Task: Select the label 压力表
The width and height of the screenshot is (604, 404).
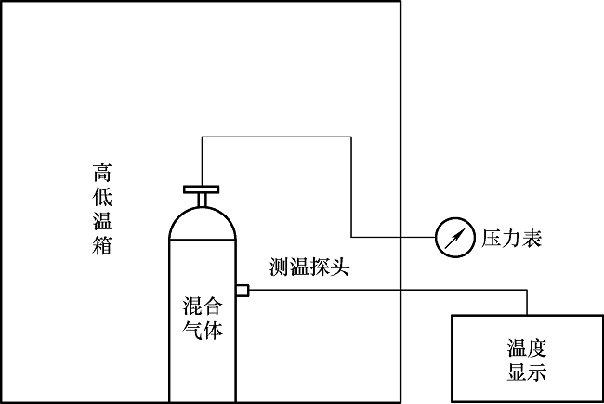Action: (x=511, y=239)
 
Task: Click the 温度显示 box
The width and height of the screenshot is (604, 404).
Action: (x=526, y=358)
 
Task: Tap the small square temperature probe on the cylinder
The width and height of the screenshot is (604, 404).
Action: (x=242, y=291)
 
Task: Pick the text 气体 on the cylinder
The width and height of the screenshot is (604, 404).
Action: (x=203, y=330)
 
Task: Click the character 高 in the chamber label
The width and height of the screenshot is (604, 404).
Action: (x=103, y=174)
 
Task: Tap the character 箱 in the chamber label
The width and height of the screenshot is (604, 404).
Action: (x=103, y=246)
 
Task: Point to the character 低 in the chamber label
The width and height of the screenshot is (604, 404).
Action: (x=103, y=198)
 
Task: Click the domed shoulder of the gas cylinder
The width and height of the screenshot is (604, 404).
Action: (x=202, y=221)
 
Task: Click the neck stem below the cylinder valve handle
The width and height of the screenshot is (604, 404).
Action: (x=202, y=201)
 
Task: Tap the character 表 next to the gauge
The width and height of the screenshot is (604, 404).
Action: (x=532, y=239)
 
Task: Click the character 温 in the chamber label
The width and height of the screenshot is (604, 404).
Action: (x=103, y=222)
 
